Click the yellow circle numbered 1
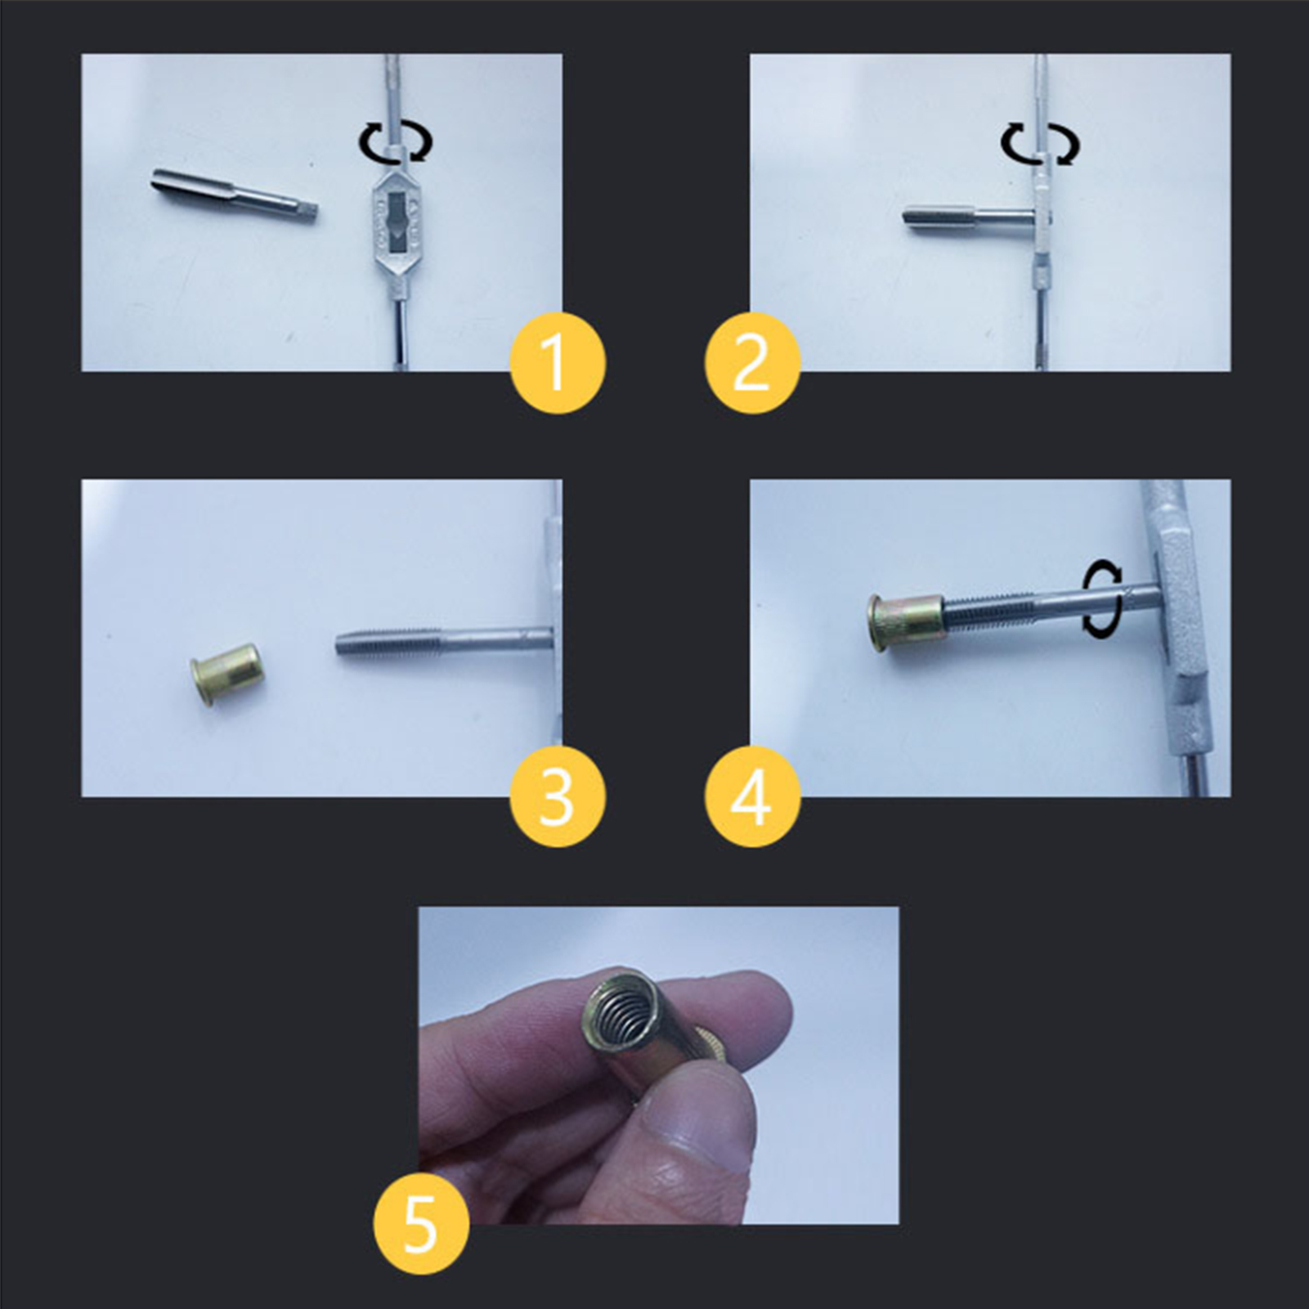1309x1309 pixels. pos(558,363)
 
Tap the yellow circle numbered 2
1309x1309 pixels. pos(752,363)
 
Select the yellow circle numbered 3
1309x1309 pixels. pos(558,797)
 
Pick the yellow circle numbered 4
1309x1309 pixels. pos(752,797)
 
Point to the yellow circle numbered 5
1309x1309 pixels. pos(421,1225)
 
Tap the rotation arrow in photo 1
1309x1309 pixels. pos(395,144)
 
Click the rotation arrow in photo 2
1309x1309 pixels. pos(1040,144)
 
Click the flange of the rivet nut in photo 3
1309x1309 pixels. pos(200,682)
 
